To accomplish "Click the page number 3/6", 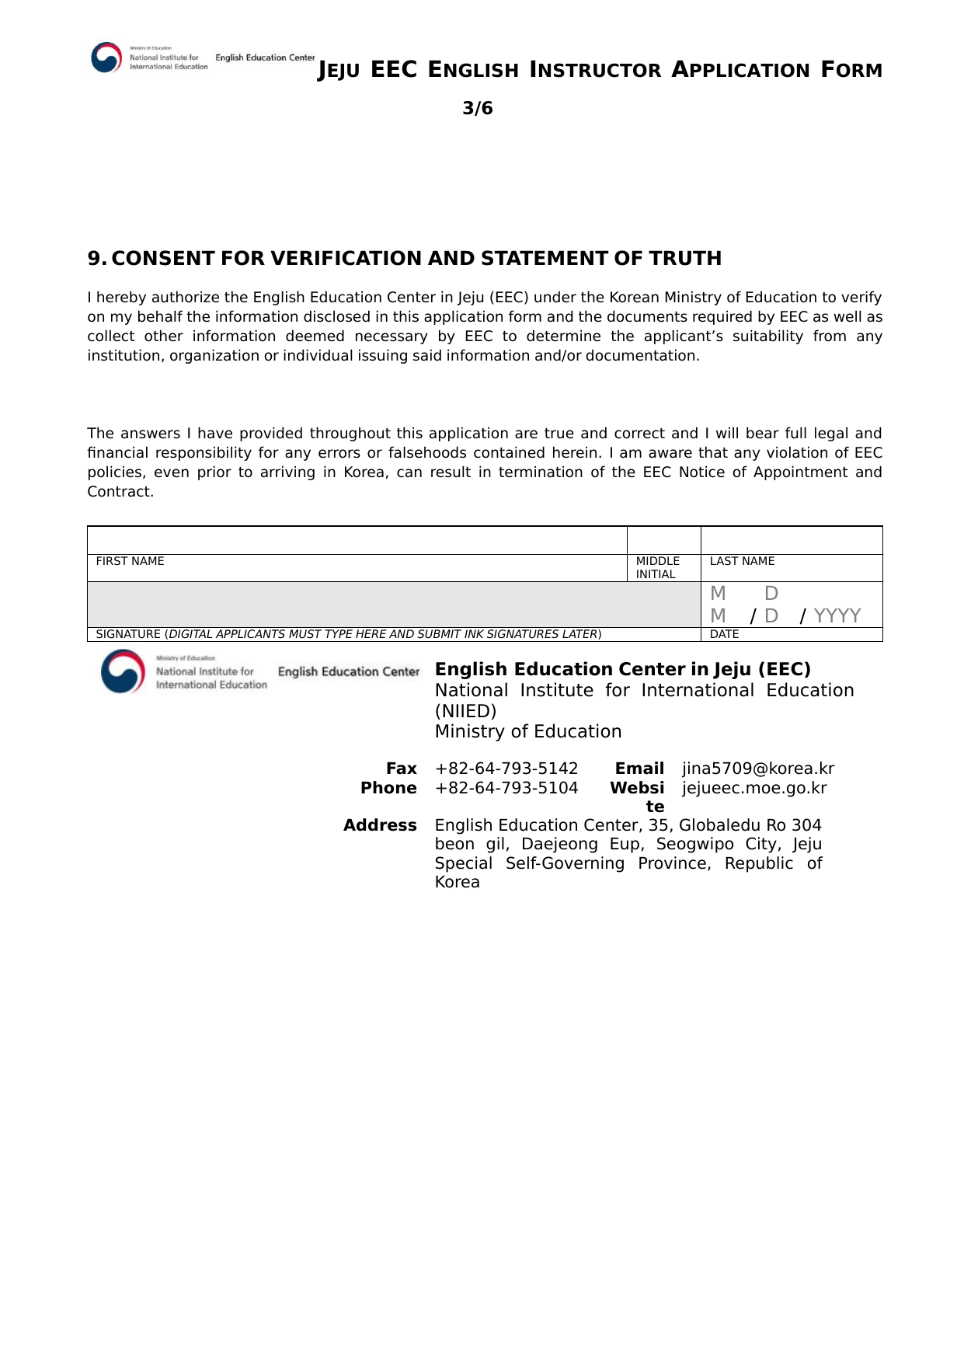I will (x=478, y=108).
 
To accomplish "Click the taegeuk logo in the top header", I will (x=106, y=58).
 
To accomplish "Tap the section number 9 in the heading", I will (x=94, y=259).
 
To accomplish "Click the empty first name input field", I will (x=357, y=540).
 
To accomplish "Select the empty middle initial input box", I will (x=663, y=540).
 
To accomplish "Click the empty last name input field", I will (x=791, y=540).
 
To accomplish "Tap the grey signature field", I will (x=394, y=604).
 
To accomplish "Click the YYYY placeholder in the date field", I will (x=837, y=615).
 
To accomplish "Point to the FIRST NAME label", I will (x=130, y=561).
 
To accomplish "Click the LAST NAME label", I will (x=742, y=561).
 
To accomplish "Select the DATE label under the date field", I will (x=724, y=634).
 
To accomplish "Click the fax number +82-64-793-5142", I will (x=506, y=769).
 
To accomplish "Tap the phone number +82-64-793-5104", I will (x=506, y=788).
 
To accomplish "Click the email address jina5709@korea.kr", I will (x=758, y=769).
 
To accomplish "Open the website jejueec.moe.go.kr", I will (x=754, y=788).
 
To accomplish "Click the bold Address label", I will (x=380, y=825).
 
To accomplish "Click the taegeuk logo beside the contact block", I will (x=123, y=671).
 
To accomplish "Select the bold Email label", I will (x=639, y=769).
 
